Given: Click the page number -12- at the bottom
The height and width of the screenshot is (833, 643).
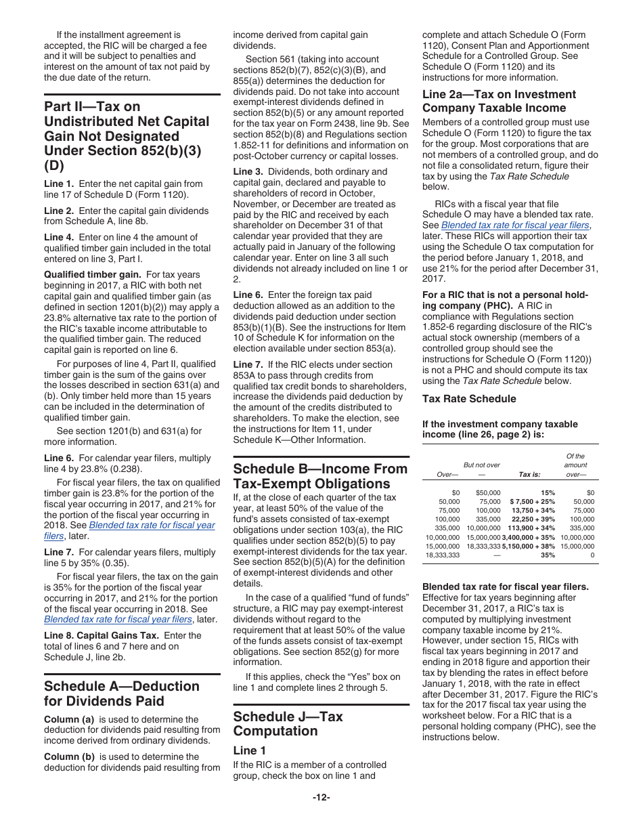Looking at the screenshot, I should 321,797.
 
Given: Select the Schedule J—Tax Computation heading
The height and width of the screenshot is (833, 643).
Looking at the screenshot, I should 288,723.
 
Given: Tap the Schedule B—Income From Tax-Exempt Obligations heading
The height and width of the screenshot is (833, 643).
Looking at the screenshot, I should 320,476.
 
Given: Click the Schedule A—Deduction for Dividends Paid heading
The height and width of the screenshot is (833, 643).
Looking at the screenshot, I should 122,693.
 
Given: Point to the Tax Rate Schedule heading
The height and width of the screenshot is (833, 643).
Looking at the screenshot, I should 469,399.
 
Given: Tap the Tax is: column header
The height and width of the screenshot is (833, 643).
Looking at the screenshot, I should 529,475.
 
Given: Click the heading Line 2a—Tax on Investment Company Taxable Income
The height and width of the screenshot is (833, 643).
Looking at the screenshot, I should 499,101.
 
